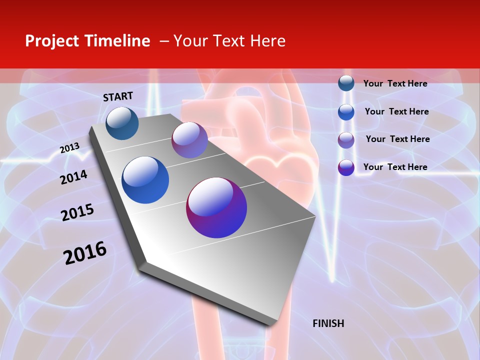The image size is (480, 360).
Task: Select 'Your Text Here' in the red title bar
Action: tap(229, 41)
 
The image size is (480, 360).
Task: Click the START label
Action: tap(118, 96)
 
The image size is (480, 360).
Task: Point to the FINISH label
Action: tap(328, 323)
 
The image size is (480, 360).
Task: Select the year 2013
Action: tap(69, 148)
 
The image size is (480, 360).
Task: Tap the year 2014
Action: tap(73, 177)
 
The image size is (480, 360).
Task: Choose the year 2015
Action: tap(77, 212)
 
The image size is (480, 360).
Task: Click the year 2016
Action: tap(85, 253)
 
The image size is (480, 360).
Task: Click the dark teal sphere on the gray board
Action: tap(122, 123)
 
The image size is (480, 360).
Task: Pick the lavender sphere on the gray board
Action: tap(189, 140)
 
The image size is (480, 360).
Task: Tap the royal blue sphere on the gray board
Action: tap(145, 180)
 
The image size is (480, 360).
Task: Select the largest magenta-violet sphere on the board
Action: tap(216, 207)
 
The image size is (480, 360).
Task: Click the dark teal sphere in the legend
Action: tap(346, 83)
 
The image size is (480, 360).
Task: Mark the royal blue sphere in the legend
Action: tap(346, 112)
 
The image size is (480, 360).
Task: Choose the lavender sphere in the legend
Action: tap(346, 140)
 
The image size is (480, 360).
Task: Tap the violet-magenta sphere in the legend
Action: tap(346, 167)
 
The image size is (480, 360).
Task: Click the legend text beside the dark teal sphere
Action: tap(395, 83)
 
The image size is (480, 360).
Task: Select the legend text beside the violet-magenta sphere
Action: tap(395, 167)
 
